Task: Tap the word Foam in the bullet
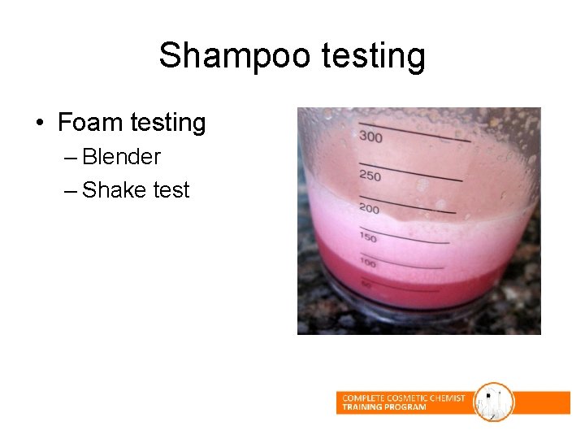point(84,123)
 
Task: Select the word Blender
point(122,156)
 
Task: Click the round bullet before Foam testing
point(40,124)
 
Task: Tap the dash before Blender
point(69,157)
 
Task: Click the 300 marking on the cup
point(370,137)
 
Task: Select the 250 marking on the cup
point(370,176)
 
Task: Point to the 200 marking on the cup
point(369,209)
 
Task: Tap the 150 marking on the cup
point(367,237)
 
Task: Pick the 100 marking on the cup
point(367,263)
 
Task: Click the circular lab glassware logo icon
point(494,402)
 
